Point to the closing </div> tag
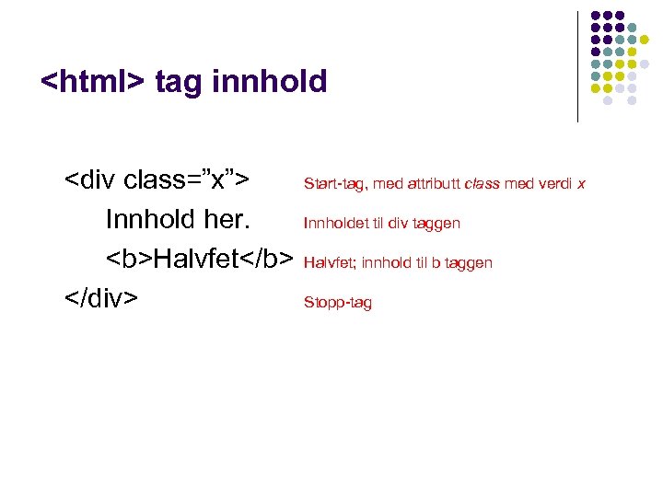pos(101,298)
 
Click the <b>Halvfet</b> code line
pos(199,259)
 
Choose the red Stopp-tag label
pos(338,303)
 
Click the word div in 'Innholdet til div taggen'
pos(396,224)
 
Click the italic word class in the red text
pos(482,184)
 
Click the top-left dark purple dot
pos(596,17)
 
